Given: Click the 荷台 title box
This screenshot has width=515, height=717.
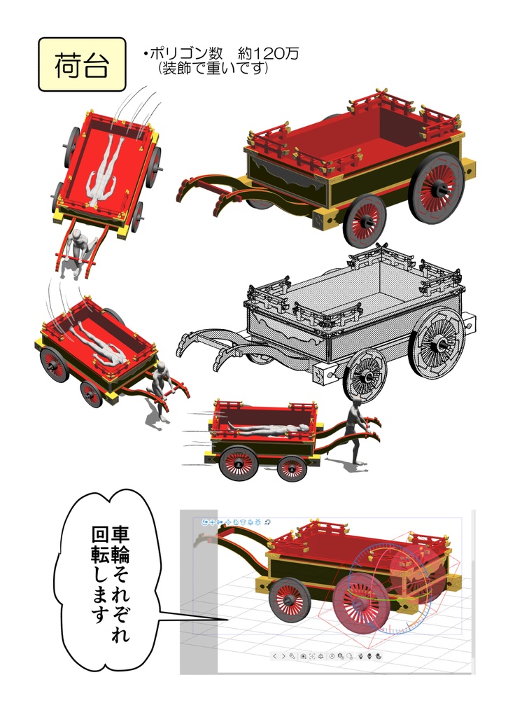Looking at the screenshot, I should [81, 64].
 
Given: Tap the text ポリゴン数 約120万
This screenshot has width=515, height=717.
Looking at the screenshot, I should [221, 54].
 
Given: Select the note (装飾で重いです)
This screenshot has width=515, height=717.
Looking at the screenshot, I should [213, 69].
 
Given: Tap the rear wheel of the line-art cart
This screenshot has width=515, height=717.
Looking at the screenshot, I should [437, 342].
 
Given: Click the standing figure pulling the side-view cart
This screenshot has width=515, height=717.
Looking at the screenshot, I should [357, 432].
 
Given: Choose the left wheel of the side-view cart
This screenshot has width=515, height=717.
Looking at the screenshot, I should [238, 463].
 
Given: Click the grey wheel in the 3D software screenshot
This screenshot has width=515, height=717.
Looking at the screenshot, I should [289, 599].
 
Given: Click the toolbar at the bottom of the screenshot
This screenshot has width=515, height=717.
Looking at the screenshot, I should [325, 656].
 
